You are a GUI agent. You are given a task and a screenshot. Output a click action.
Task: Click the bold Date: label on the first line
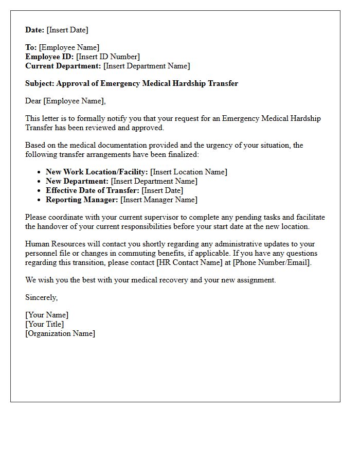[35, 30]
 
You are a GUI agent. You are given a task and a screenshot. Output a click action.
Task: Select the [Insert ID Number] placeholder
[108, 57]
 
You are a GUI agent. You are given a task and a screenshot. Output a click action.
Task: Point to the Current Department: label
[63, 66]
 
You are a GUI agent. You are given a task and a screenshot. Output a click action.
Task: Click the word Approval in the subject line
[72, 83]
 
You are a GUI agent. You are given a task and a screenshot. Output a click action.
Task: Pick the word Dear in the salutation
[33, 101]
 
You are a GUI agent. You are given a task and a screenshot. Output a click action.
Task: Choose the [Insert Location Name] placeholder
[189, 172]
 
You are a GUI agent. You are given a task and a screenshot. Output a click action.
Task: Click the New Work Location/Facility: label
[97, 172]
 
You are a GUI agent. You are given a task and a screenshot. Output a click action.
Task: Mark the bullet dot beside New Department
[40, 182]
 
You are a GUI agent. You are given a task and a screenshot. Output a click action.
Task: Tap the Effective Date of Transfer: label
[93, 190]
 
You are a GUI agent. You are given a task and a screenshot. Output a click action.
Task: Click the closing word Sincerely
[41, 297]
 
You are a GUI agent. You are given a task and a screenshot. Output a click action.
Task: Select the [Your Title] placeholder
[45, 324]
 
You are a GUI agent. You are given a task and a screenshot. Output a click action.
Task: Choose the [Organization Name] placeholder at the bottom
[60, 333]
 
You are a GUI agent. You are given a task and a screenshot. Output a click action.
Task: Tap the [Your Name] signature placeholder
[47, 315]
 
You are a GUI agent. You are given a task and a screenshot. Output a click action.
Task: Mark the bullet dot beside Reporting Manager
[40, 200]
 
